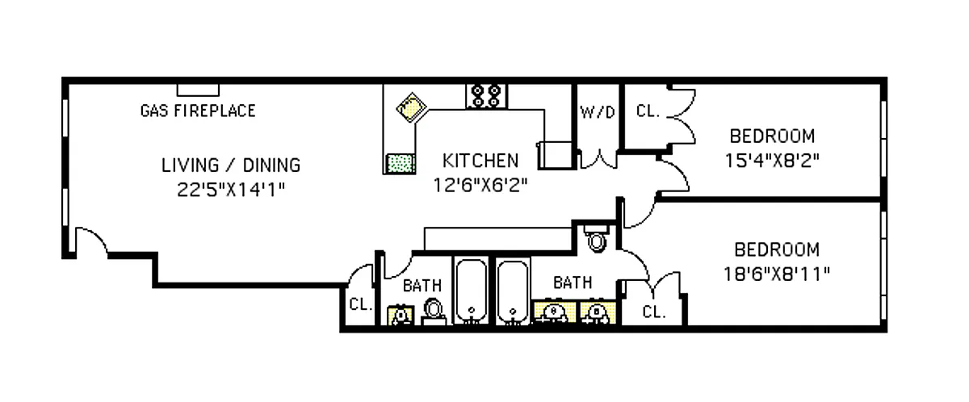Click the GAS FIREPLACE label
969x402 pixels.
(x=198, y=111)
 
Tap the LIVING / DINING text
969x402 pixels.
(x=231, y=165)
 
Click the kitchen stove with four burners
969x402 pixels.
(x=486, y=97)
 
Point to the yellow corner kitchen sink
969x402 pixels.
(x=409, y=107)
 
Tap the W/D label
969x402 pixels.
(x=598, y=113)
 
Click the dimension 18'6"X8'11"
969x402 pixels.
(x=777, y=273)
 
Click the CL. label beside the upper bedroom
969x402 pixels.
(x=648, y=111)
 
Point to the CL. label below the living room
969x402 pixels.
(x=360, y=304)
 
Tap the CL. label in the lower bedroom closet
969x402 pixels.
(x=654, y=312)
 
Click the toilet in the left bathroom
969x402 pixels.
(x=433, y=311)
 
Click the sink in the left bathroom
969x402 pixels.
(x=400, y=314)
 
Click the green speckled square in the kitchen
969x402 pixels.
(x=401, y=163)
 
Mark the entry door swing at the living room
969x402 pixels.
(x=90, y=241)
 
